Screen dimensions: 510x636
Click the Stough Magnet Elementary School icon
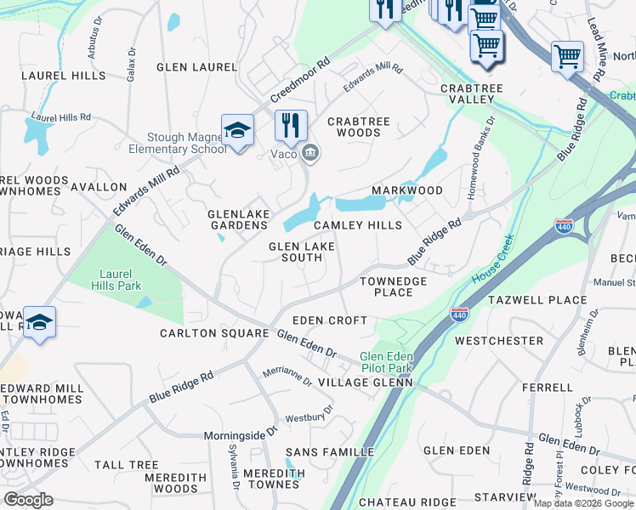click(237, 130)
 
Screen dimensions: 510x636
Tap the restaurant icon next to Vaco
click(291, 126)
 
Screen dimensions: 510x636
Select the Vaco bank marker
click(311, 153)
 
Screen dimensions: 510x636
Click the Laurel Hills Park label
click(116, 280)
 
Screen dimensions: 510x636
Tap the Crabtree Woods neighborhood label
click(359, 127)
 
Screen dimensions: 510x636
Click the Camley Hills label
click(358, 225)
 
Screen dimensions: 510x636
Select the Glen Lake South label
click(295, 252)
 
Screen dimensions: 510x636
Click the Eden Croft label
click(330, 320)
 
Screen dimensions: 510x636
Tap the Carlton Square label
click(214, 333)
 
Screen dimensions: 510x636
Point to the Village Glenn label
click(365, 383)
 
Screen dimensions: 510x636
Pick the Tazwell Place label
click(537, 300)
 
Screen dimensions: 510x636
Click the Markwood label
click(407, 190)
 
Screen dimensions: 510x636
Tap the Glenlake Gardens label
click(239, 219)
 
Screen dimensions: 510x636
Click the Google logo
click(28, 500)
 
